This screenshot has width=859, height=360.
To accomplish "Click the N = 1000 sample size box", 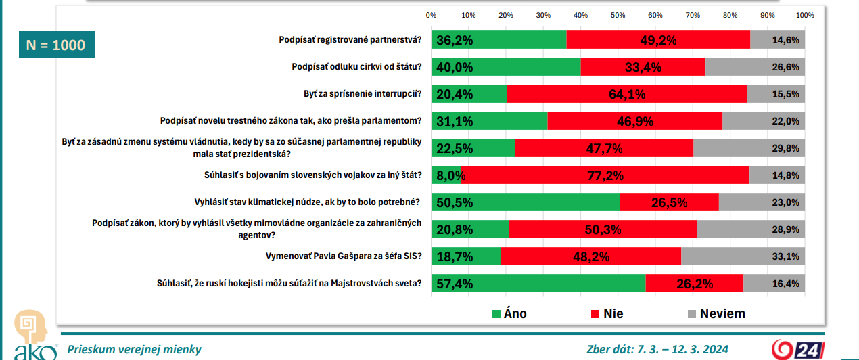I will point(55,45).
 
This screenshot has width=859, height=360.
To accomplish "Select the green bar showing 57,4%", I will point(539,284).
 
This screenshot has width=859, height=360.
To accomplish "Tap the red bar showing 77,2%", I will point(605,175).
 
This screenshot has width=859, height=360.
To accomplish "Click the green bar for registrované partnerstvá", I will point(499,40).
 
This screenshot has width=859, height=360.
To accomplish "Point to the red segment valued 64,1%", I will point(626,94).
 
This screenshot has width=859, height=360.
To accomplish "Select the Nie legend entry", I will point(607,313).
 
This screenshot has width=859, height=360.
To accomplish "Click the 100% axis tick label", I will point(804,15).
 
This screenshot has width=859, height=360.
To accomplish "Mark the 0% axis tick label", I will point(431,15).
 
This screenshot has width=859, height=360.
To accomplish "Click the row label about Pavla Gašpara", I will point(345,256).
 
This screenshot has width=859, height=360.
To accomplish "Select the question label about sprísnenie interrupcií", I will point(363,94).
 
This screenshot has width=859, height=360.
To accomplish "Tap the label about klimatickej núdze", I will point(308,202).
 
